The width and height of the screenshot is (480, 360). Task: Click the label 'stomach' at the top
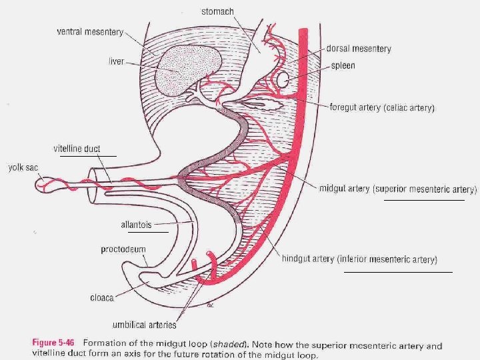click(x=217, y=11)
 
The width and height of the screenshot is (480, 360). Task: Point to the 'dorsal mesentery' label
click(x=358, y=49)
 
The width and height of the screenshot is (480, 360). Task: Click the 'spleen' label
click(x=343, y=66)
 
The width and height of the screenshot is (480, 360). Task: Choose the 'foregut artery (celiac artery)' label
click(x=382, y=107)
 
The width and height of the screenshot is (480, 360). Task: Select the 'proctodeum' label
click(x=123, y=249)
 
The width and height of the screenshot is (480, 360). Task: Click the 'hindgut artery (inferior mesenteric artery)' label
click(x=378, y=259)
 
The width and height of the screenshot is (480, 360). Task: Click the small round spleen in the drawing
click(x=283, y=80)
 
